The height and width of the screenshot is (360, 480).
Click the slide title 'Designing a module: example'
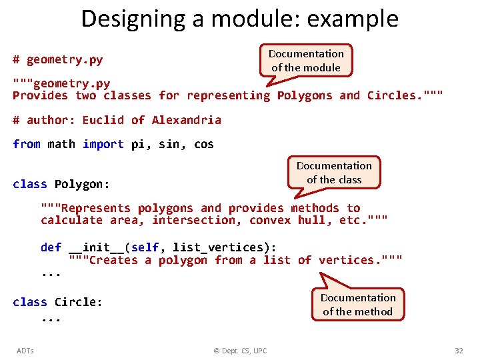(239, 19)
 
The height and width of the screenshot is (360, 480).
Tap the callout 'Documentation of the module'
(306, 60)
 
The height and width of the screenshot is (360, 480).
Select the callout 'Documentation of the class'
(334, 172)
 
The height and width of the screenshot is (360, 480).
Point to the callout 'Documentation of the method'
(358, 304)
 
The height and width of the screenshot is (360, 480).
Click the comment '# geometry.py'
(58, 60)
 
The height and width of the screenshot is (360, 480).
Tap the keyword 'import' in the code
(103, 144)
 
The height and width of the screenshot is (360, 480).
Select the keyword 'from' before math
(27, 144)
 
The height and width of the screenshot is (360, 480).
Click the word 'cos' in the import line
(203, 144)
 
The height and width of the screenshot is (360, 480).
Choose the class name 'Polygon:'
(82, 184)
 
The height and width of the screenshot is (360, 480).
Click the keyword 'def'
(51, 247)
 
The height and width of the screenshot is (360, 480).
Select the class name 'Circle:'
(79, 302)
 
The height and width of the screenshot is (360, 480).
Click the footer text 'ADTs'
(25, 351)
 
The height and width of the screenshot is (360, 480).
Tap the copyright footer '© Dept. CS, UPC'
(239, 351)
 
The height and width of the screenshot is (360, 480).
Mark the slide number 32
(459, 351)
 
